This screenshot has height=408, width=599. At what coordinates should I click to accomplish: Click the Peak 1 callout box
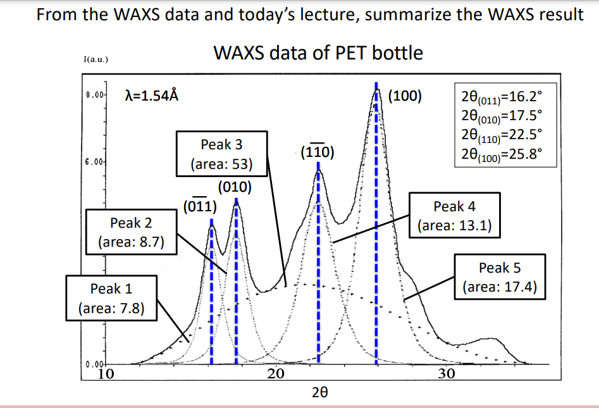(111, 298)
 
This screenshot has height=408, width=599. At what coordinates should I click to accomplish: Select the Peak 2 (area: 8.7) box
(130, 232)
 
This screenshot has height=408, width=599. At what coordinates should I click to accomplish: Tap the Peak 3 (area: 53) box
(221, 154)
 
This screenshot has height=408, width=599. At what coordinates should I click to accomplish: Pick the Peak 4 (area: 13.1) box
(454, 216)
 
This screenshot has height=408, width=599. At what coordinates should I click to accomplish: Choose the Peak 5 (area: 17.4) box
(500, 277)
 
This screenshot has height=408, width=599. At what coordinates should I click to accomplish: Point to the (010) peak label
(235, 187)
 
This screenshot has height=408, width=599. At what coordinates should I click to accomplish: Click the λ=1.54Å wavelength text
(152, 96)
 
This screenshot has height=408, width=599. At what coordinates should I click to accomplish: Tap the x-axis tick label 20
(275, 373)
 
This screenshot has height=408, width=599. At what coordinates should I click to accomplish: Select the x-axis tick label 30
(447, 373)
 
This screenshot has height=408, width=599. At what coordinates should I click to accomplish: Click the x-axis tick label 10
(106, 373)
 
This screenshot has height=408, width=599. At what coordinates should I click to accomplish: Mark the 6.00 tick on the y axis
(94, 162)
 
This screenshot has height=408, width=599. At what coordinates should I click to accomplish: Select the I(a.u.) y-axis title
(95, 59)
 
